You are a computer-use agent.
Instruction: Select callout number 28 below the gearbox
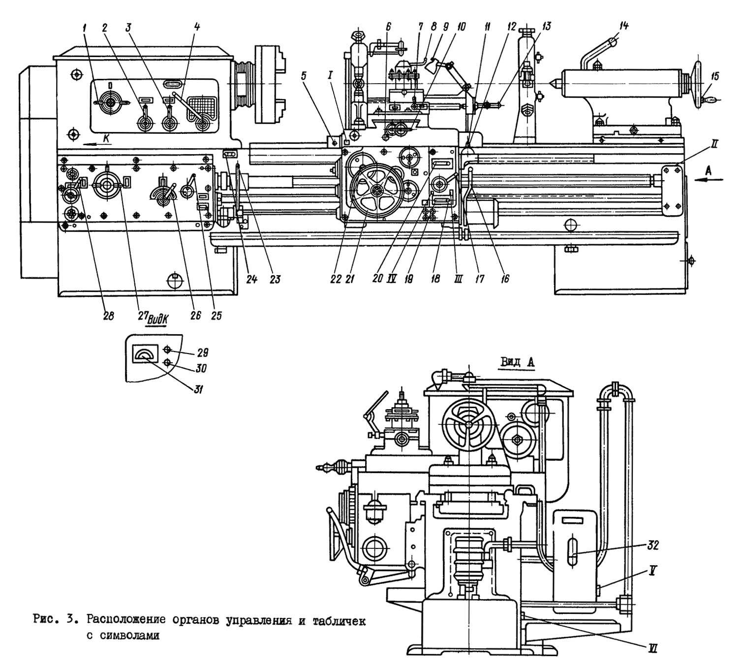[x=109, y=316]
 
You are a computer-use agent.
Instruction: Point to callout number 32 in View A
[x=653, y=545]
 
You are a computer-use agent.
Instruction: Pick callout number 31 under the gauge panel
[x=198, y=389]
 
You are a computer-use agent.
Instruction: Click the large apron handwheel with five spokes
[x=377, y=190]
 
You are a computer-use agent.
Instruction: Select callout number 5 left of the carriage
[x=304, y=76]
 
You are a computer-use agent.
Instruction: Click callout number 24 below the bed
[x=251, y=279]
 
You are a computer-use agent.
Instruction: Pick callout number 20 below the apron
[x=378, y=278]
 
